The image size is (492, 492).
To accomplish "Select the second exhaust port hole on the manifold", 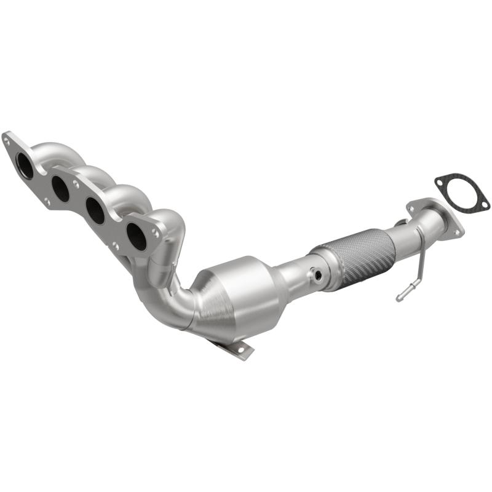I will pos(61,188).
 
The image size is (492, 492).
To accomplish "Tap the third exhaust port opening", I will pos(95,210).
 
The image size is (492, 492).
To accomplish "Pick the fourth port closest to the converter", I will pos(137,236).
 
